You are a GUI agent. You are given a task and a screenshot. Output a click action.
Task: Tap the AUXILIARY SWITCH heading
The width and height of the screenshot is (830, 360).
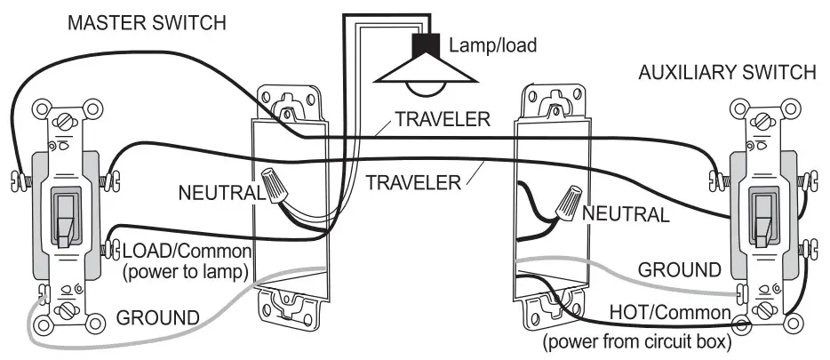point(726,73)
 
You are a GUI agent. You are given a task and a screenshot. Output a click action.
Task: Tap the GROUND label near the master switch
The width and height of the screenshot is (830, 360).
point(158,316)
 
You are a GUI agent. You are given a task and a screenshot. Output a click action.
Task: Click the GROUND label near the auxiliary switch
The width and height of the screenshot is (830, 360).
point(680,268)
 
